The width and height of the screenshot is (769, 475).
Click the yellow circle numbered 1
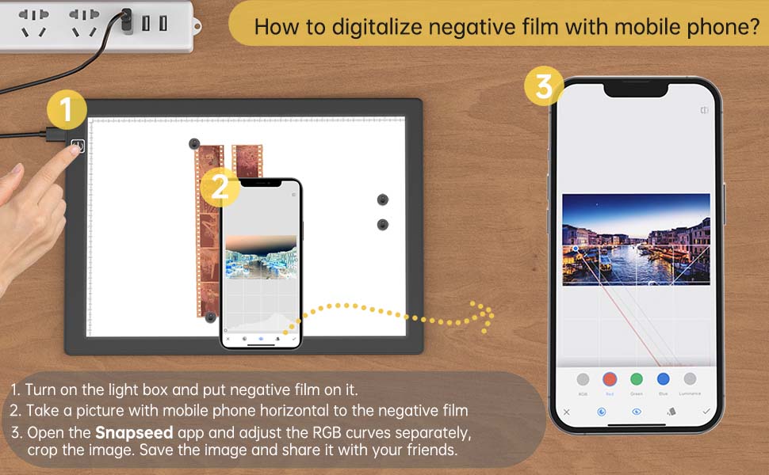(67, 110)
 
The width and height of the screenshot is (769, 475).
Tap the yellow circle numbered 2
(220, 188)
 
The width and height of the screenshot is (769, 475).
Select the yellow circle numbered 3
(544, 86)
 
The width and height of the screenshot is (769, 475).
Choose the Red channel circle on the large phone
(610, 379)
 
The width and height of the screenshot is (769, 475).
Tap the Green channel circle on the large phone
(637, 379)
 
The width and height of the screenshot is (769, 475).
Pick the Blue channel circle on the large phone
(664, 379)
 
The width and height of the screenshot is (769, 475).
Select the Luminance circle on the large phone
(690, 379)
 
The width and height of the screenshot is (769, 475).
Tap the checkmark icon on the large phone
(706, 412)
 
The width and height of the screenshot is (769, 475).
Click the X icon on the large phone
(566, 412)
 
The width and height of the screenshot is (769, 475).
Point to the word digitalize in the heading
(385, 27)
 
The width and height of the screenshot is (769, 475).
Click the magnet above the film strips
(194, 144)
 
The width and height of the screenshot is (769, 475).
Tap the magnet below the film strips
(210, 317)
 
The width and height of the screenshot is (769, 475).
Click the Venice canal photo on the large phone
(636, 239)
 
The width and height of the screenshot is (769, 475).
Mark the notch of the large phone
(637, 89)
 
